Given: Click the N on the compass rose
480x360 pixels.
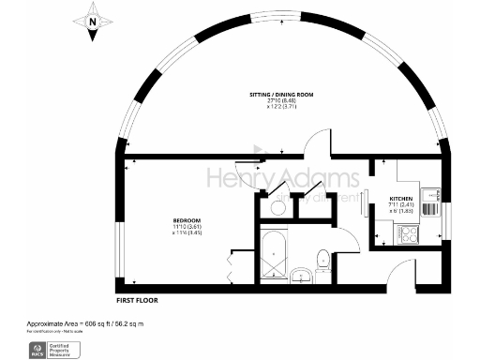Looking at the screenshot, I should point(92,20).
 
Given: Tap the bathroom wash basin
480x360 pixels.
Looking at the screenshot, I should point(301,275).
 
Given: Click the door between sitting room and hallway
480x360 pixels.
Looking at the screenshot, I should point(317,144).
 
